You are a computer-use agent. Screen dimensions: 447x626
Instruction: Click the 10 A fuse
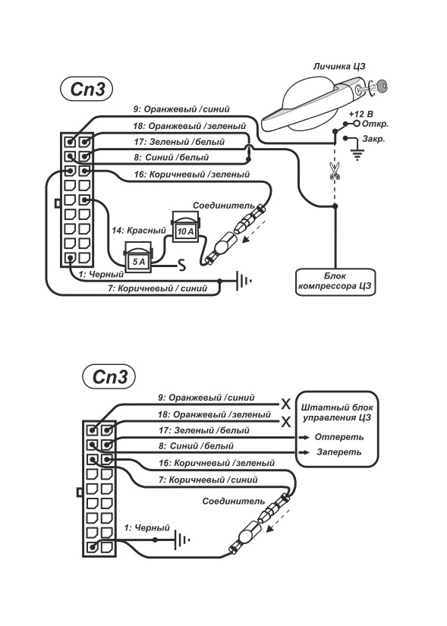185,227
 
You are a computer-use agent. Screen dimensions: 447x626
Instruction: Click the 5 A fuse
138,257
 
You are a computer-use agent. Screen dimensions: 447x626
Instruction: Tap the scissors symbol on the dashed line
335,171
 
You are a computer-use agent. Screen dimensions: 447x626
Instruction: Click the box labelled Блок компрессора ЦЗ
335,282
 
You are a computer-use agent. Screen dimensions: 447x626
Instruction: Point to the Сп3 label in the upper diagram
87,89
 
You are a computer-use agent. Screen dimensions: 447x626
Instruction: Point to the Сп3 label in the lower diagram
109,376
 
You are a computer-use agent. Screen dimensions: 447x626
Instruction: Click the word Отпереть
339,437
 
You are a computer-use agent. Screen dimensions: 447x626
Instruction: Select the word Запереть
339,452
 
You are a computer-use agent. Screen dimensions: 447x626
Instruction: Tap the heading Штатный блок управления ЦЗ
337,413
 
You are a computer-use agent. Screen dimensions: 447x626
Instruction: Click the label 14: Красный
139,231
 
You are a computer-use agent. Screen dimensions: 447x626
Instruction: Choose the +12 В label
360,114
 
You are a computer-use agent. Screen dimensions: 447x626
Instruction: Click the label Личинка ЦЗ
339,66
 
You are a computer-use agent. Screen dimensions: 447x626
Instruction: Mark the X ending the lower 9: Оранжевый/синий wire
286,404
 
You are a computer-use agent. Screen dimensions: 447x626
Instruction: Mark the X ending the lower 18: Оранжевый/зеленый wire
286,422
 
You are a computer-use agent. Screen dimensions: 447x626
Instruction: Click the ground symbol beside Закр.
357,154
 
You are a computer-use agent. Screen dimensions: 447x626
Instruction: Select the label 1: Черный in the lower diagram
147,528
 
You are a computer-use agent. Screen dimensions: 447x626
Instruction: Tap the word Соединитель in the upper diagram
223,205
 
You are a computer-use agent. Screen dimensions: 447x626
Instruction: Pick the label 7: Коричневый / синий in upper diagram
157,288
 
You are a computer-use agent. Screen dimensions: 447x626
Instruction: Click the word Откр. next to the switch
375,124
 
